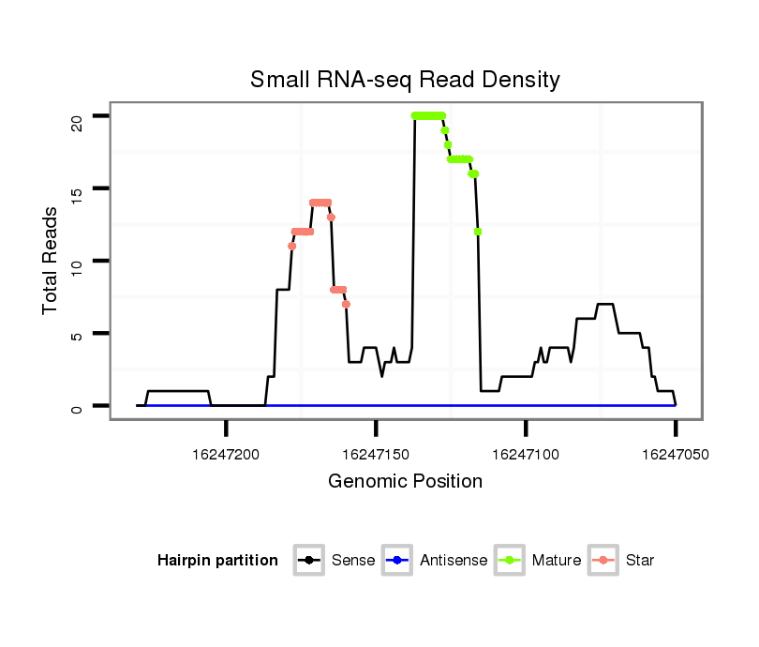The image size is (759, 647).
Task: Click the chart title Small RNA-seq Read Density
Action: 405,80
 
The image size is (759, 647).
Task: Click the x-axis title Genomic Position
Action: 405,482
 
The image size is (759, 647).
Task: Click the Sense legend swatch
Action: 308,561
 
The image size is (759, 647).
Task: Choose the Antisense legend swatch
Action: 397,561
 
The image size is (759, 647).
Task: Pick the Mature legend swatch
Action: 510,561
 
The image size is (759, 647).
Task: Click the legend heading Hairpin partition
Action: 217,561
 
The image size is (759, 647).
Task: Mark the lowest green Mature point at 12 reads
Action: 478,232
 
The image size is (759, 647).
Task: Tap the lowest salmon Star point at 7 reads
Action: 346,304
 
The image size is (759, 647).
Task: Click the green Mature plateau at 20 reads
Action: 428,115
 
